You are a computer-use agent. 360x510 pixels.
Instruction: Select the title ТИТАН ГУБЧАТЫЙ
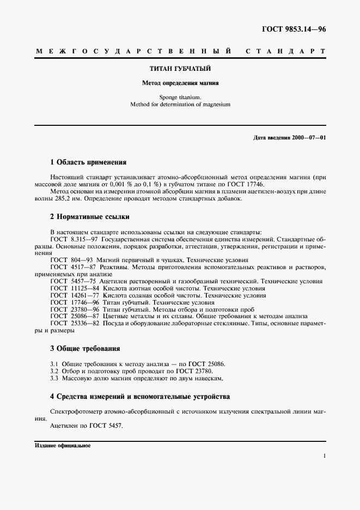pyautogui.click(x=180, y=69)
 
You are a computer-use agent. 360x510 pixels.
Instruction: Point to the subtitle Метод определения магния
pyautogui.click(x=180, y=84)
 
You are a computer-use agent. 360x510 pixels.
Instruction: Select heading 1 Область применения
pyautogui.click(x=88, y=162)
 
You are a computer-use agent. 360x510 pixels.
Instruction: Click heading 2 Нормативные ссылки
pyautogui.click(x=89, y=216)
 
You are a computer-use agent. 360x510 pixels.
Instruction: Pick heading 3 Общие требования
pyautogui.click(x=85, y=348)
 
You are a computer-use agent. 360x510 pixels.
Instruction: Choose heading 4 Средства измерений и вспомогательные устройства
pyautogui.click(x=139, y=396)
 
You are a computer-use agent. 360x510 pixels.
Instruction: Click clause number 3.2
pyautogui.click(x=54, y=371)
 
